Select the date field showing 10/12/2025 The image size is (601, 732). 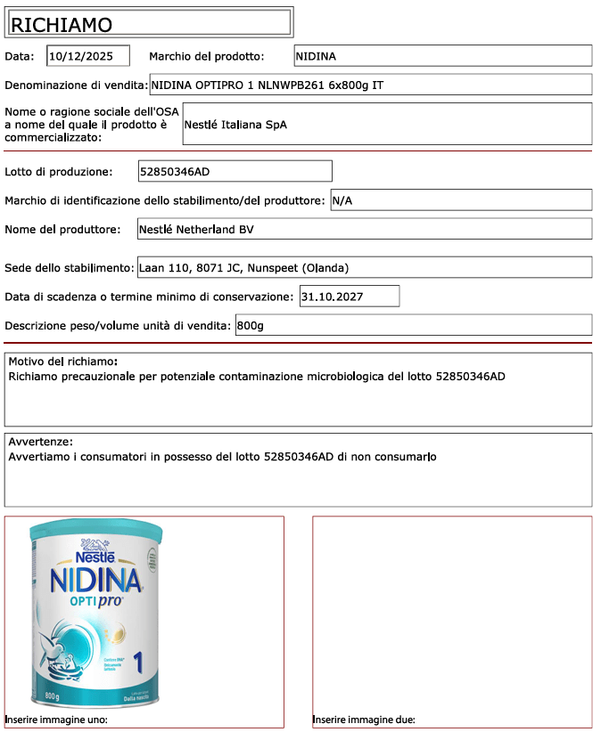pyautogui.click(x=87, y=56)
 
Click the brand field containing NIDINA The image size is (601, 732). pyautogui.click(x=442, y=56)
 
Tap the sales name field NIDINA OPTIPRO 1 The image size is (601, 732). pyautogui.click(x=370, y=85)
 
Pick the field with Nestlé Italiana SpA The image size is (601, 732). pyautogui.click(x=386, y=125)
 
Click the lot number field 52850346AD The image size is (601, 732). pyautogui.click(x=235, y=171)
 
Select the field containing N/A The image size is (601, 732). pyautogui.click(x=460, y=200)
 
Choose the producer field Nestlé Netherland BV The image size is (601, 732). pyautogui.click(x=363, y=230)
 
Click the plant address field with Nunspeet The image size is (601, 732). pyautogui.click(x=363, y=267)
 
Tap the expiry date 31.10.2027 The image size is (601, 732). pyautogui.click(x=349, y=296)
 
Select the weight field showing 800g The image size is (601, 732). pyautogui.click(x=412, y=325)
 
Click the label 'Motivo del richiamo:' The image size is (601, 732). pyautogui.click(x=63, y=362)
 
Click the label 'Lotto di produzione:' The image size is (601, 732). pyautogui.click(x=59, y=172)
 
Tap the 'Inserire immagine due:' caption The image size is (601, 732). pyautogui.click(x=364, y=720)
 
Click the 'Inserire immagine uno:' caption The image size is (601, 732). pyautogui.click(x=56, y=720)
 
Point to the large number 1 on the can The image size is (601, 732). pyautogui.click(x=138, y=663)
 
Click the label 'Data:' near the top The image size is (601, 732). pyautogui.click(x=20, y=56)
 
